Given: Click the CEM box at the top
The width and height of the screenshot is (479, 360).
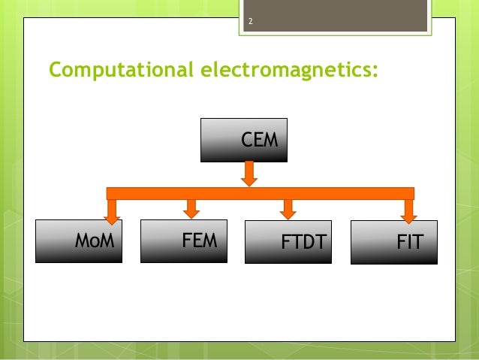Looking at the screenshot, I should (x=244, y=141).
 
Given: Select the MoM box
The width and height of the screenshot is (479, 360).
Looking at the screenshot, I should (x=79, y=241).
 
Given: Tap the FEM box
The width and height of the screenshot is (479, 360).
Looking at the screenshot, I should (x=184, y=241).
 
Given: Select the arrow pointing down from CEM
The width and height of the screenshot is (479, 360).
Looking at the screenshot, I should (x=250, y=174).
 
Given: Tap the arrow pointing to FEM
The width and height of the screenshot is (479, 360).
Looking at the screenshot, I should (x=191, y=207).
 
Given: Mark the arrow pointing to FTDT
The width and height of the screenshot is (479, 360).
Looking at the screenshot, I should (x=288, y=208).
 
